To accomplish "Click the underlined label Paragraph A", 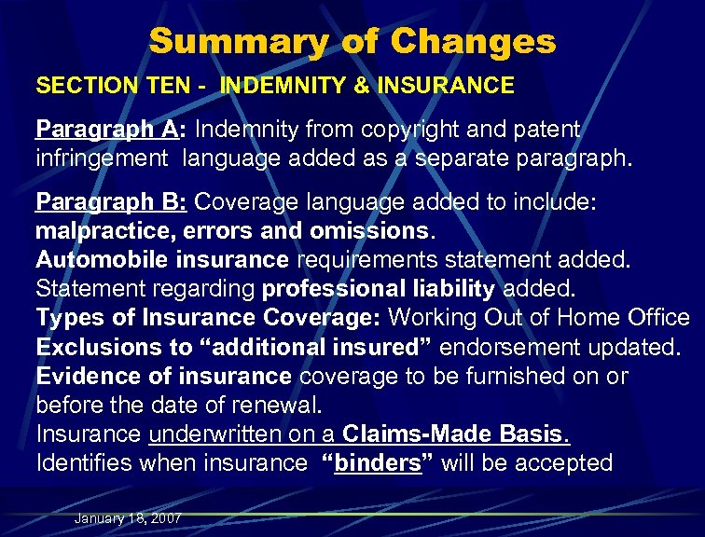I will [x=93, y=128].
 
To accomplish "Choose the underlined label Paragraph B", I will [x=93, y=201].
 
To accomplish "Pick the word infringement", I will [x=103, y=158].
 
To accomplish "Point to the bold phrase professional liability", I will [x=380, y=288].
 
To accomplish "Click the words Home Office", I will [x=628, y=317].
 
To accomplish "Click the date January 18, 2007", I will [x=128, y=518].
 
